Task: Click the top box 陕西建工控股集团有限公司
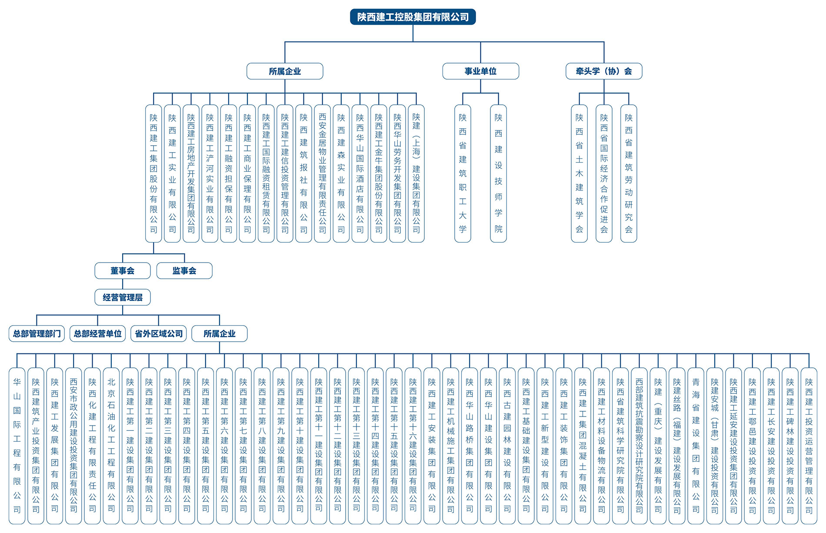[x=413, y=17]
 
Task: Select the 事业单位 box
[x=480, y=71]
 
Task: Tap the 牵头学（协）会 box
[x=604, y=71]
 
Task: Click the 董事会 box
[x=123, y=271]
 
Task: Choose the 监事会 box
[x=184, y=271]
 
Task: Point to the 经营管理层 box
[x=123, y=297]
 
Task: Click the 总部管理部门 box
[x=37, y=333]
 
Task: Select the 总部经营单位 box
[x=97, y=333]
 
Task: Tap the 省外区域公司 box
[x=159, y=333]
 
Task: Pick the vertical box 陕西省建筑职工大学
[x=463, y=173]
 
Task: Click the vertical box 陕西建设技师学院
[x=498, y=173]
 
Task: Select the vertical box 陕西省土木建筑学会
[x=579, y=173]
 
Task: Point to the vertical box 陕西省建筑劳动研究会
[x=629, y=173]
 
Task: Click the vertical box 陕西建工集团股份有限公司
[x=153, y=173]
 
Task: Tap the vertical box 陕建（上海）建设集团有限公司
[x=416, y=173]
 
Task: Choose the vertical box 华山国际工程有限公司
[x=17, y=446]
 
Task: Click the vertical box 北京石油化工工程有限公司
[x=111, y=446]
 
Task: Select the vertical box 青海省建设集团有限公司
[x=696, y=446]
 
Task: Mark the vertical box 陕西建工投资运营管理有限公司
[x=809, y=446]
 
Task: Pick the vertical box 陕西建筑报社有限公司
[x=303, y=173]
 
